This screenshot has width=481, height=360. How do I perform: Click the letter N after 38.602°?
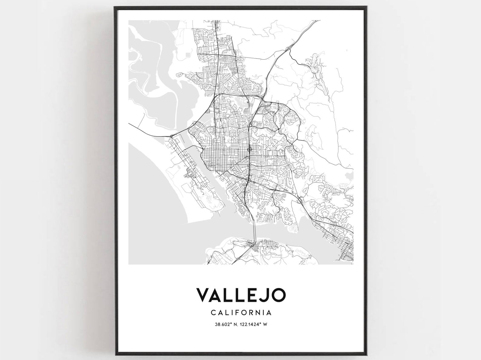tap(235, 324)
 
